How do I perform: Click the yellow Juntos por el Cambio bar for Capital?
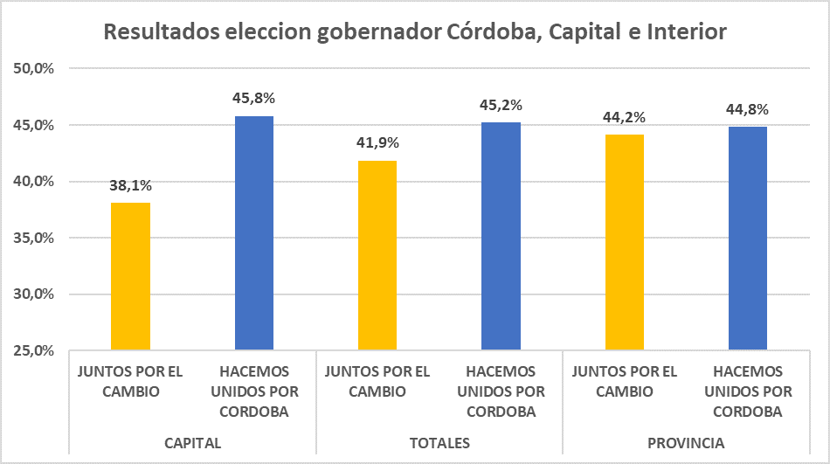point(130,276)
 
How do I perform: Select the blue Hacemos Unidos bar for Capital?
point(254,232)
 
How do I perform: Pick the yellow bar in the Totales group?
point(377,255)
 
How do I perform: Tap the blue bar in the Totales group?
point(501,236)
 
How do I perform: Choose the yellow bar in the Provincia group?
point(625,242)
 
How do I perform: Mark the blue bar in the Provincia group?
point(748,239)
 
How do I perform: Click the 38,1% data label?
point(130,186)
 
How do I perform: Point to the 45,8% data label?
point(254,99)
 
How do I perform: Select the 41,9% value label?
point(377,143)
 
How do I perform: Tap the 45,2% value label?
point(501,106)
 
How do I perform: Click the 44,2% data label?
point(625,117)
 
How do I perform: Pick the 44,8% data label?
point(748,110)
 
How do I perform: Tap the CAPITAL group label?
point(192,443)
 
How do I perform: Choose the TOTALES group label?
point(439,443)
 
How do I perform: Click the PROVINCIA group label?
point(686,443)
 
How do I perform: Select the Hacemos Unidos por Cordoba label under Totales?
point(501,391)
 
